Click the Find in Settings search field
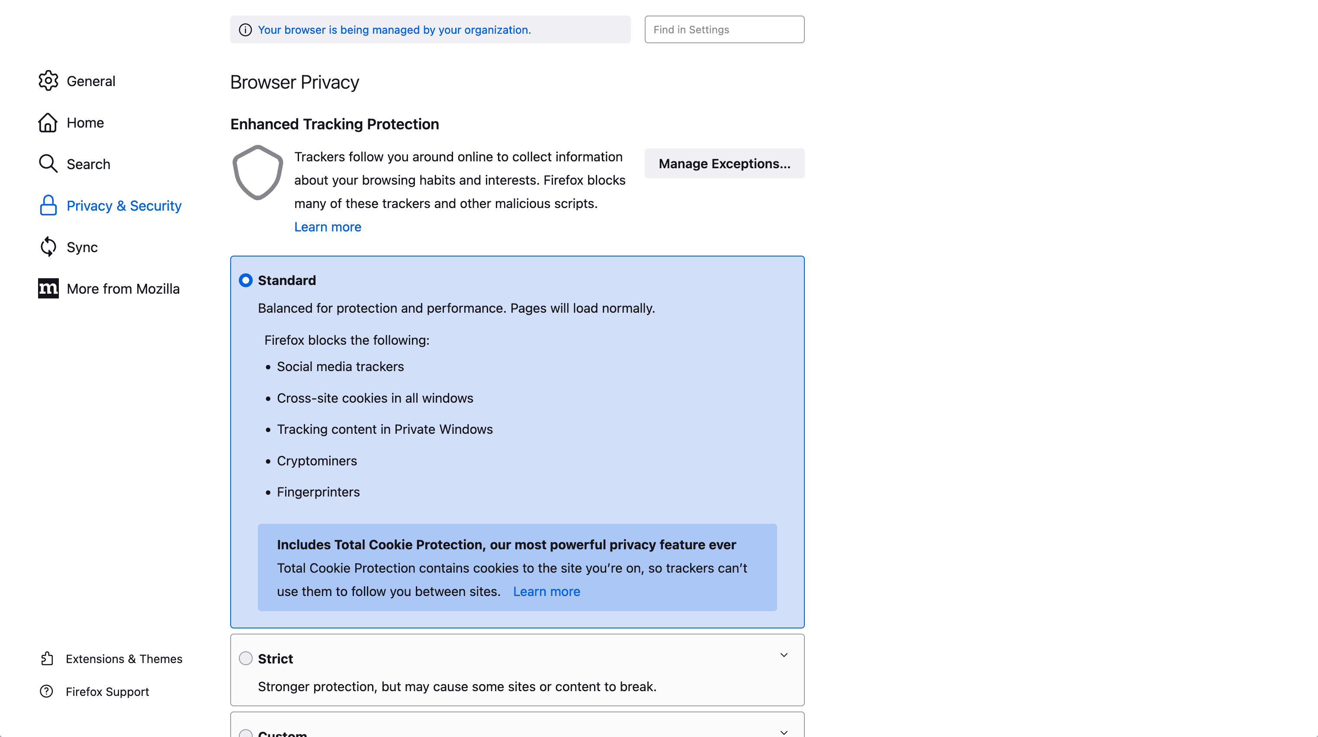pyautogui.click(x=724, y=30)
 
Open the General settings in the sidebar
pyautogui.click(x=90, y=81)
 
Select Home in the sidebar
pyautogui.click(x=85, y=123)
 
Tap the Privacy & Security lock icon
pyautogui.click(x=48, y=205)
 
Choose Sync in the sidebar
pyautogui.click(x=82, y=247)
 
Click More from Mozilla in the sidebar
pyautogui.click(x=123, y=289)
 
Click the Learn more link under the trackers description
pyautogui.click(x=328, y=227)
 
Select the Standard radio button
pyautogui.click(x=246, y=280)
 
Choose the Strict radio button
pyautogui.click(x=246, y=658)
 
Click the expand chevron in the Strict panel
pyautogui.click(x=783, y=655)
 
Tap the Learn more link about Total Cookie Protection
pyautogui.click(x=546, y=592)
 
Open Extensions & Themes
pyautogui.click(x=124, y=659)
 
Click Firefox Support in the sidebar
pyautogui.click(x=107, y=692)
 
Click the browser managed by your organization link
pyautogui.click(x=394, y=30)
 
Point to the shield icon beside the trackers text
pyautogui.click(x=258, y=173)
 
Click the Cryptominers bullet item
pyautogui.click(x=317, y=461)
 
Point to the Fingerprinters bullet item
pyautogui.click(x=318, y=492)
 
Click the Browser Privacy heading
pyautogui.click(x=294, y=82)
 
